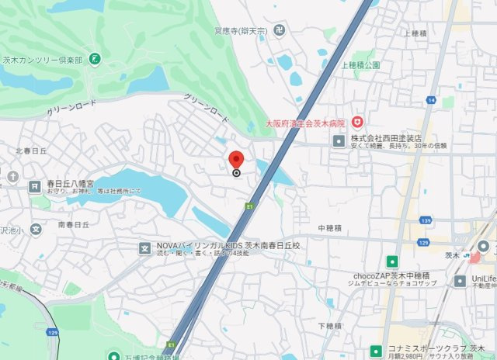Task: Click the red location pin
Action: click(237, 159)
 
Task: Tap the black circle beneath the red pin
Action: click(237, 173)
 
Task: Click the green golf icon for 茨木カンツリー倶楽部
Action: click(95, 58)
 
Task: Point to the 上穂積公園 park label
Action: click(360, 65)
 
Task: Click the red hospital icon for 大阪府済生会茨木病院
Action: click(357, 122)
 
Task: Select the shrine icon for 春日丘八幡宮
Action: click(34, 186)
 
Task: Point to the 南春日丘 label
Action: click(73, 224)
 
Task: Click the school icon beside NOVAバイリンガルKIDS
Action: click(144, 248)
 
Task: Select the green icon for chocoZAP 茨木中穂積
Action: click(393, 261)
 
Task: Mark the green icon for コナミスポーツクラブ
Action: click(377, 350)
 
